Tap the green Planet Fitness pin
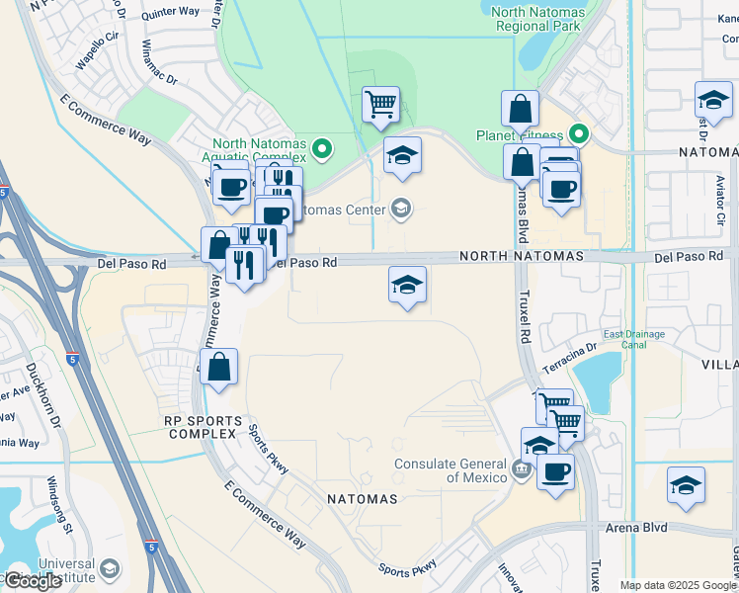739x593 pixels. [581, 133]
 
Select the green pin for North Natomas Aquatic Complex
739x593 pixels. [321, 150]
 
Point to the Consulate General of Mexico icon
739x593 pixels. [520, 468]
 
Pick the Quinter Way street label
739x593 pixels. [170, 14]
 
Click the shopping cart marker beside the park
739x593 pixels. [380, 102]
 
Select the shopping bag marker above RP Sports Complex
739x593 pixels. [219, 366]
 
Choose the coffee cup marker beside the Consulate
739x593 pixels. [555, 470]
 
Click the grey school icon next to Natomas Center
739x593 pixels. [401, 208]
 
